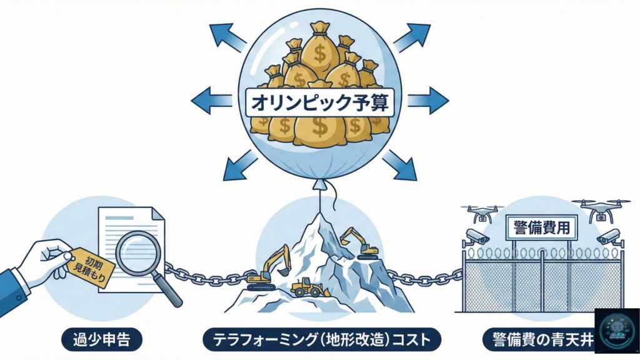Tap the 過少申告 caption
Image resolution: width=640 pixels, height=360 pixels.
coord(102,340)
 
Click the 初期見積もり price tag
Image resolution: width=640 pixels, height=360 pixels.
coord(92,266)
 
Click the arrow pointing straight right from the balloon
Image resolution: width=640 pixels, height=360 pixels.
coord(428,99)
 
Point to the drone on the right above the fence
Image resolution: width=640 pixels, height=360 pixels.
coord(600,210)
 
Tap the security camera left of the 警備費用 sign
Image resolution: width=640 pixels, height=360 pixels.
coord(477,237)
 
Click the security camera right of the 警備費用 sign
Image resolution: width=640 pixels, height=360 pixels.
coord(607,237)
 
